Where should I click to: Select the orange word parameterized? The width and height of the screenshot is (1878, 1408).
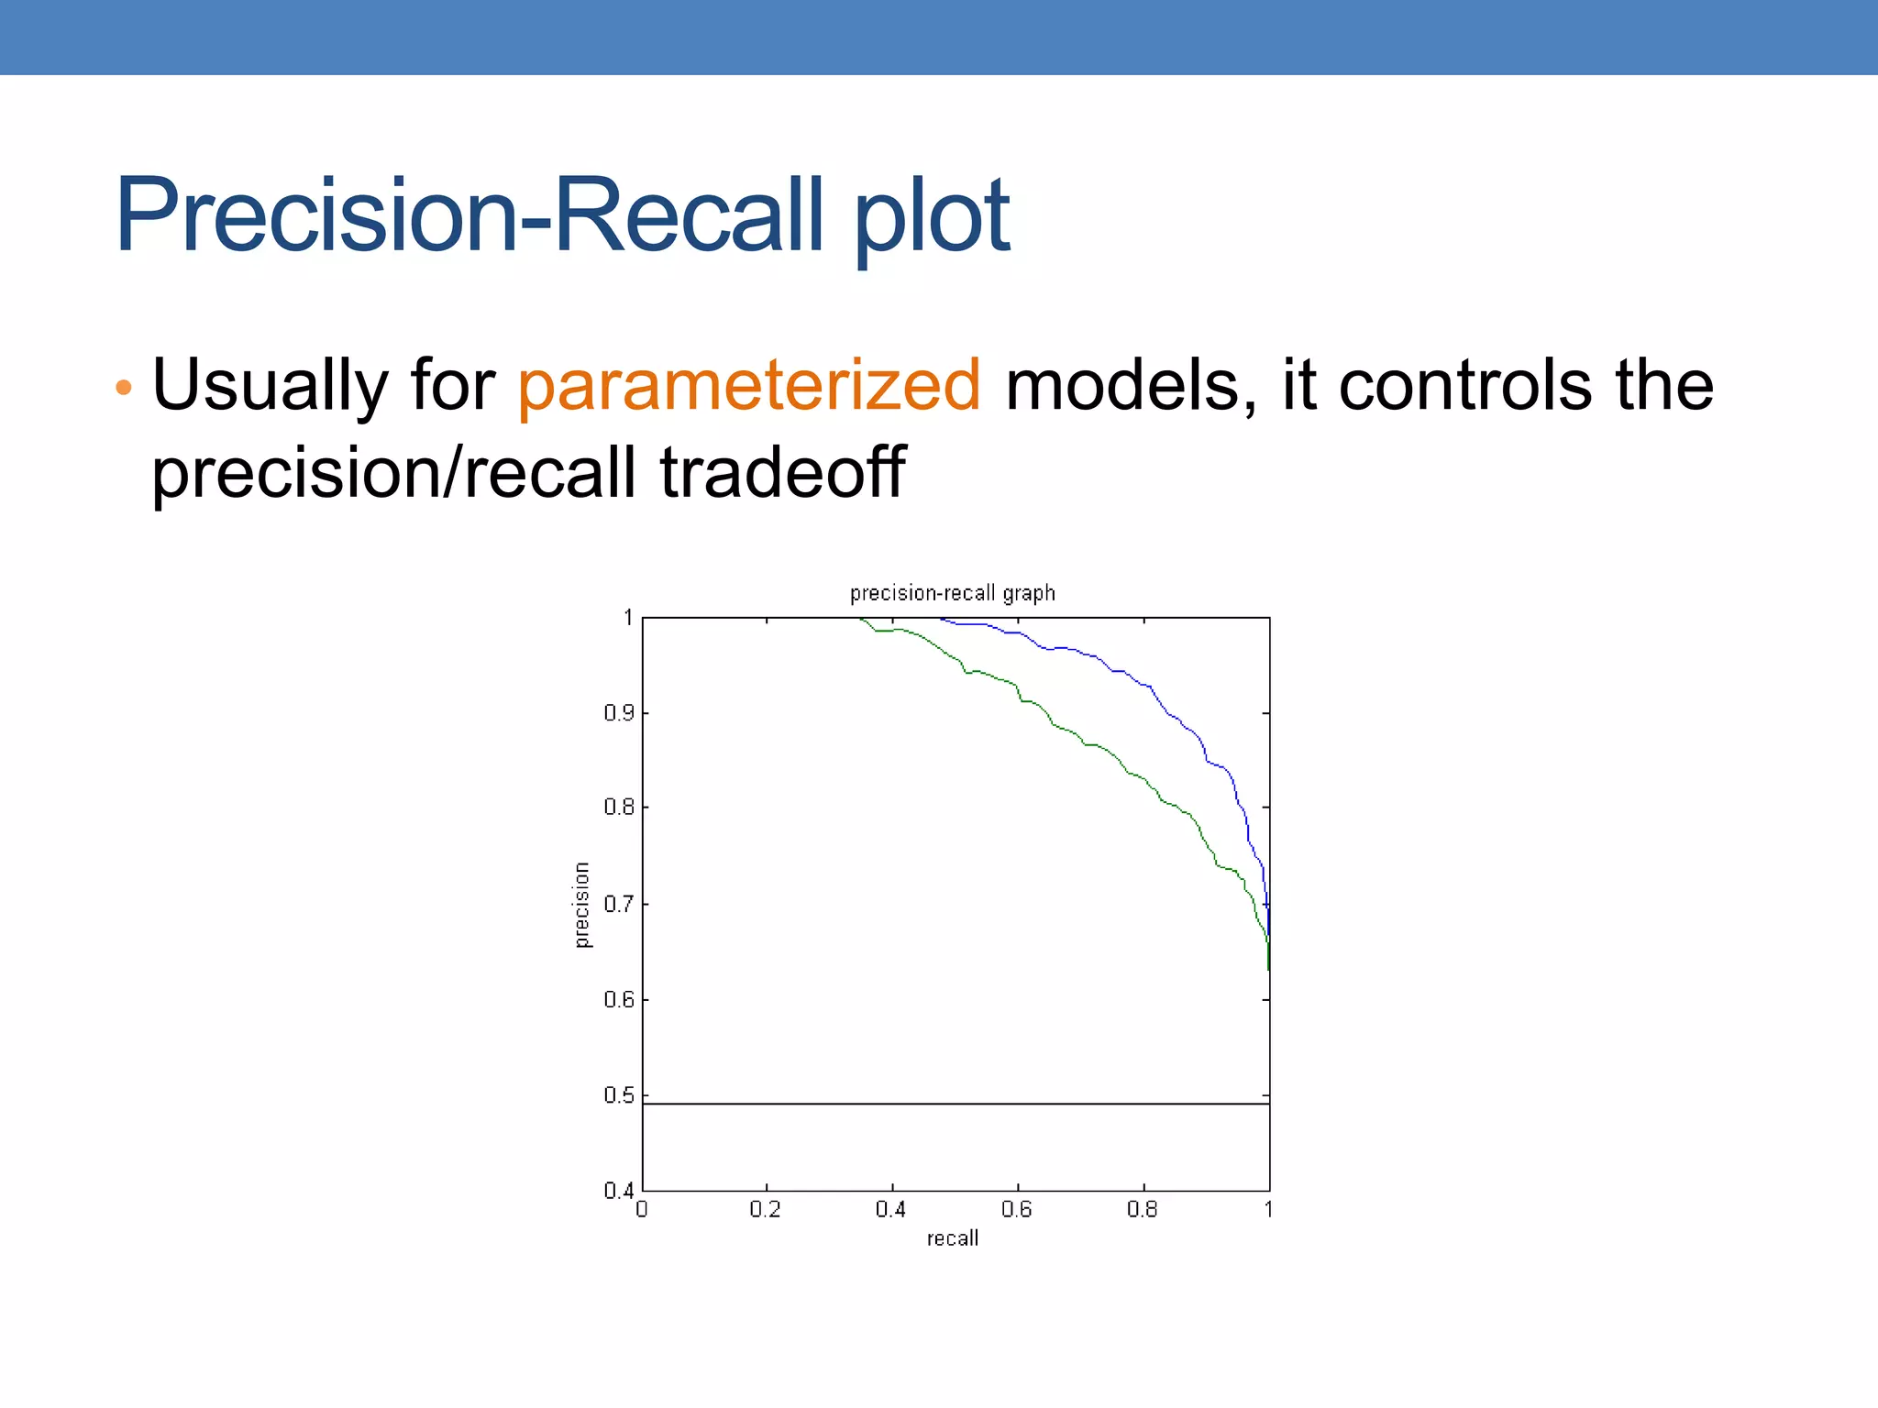(749, 385)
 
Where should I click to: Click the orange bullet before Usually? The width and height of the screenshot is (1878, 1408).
(124, 387)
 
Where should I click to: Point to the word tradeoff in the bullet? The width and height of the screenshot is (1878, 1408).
(782, 472)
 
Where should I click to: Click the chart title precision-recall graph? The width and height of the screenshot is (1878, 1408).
(952, 593)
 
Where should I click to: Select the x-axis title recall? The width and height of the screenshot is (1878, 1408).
(952, 1238)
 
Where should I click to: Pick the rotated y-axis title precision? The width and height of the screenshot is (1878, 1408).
(581, 905)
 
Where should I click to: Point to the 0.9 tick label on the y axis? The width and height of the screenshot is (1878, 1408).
(619, 712)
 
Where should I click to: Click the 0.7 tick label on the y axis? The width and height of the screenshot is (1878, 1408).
(619, 904)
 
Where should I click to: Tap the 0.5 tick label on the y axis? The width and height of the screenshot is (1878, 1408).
(619, 1095)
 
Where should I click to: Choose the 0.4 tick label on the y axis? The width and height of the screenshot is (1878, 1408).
(619, 1191)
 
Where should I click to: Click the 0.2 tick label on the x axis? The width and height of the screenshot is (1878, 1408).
(765, 1210)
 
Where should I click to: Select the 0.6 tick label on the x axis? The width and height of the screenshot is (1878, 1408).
(1016, 1210)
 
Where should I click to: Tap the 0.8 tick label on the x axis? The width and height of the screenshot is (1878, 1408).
(1142, 1210)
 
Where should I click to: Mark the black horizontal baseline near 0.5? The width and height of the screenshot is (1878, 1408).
(954, 1104)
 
